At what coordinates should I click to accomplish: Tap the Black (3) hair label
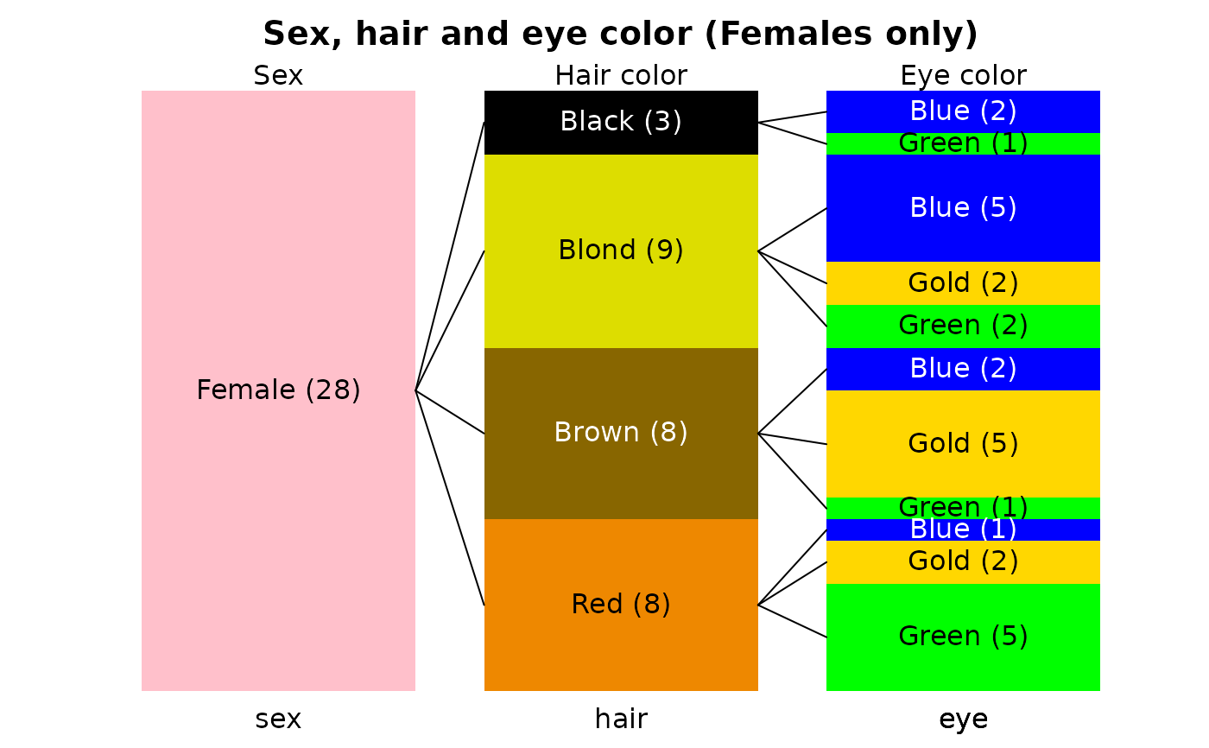pos(621,122)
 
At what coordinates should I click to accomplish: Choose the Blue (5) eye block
pos(963,208)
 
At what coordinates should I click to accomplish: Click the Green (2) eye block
pos(963,326)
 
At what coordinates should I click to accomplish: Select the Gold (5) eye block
pos(963,444)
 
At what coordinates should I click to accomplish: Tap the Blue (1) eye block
pos(963,529)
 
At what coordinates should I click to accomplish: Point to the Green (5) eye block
pos(963,637)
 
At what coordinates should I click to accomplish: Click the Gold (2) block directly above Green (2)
pos(963,283)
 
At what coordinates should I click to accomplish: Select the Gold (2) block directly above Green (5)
pos(963,561)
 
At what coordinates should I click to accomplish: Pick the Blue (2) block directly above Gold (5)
pos(963,369)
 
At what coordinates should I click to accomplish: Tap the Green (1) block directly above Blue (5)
pos(963,143)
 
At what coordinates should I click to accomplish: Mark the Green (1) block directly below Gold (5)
pos(963,508)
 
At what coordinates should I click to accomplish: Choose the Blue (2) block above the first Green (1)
pos(963,111)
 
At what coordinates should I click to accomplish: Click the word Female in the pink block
pos(246,390)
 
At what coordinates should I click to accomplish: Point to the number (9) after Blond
pos(665,250)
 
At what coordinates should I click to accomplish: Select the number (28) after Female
pos(332,390)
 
